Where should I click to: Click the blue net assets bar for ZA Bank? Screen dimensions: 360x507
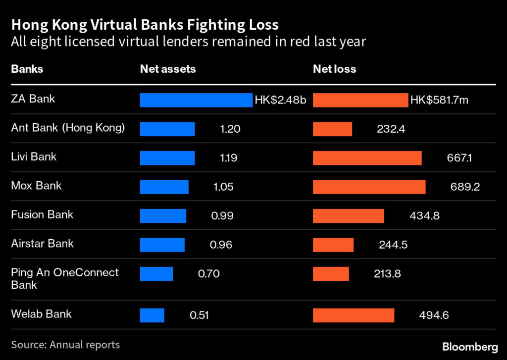pos(196,100)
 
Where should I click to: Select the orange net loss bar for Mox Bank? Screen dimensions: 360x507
pos(369,187)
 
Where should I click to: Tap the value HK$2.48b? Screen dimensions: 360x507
pos(280,100)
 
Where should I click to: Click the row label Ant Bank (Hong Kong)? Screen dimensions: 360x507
pos(68,128)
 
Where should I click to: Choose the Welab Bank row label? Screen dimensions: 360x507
pos(41,314)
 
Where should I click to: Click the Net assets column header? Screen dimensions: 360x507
pos(168,69)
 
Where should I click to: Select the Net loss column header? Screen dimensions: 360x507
pos(334,69)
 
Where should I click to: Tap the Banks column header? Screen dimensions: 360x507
pos(27,69)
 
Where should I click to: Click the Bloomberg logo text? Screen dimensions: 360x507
pos(469,346)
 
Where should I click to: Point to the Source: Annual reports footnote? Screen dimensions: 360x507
pos(65,344)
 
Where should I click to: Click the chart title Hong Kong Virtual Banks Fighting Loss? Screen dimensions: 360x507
pos(145,25)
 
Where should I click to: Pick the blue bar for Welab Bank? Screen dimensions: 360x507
pos(152,315)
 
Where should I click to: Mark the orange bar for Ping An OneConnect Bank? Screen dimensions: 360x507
pos(331,274)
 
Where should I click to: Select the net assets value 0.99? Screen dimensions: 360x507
pos(221,216)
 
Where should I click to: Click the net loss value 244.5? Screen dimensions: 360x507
pos(394,245)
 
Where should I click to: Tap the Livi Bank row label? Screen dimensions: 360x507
pos(34,157)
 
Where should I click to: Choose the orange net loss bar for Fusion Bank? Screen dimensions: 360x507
pos(349,216)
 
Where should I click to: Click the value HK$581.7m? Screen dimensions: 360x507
pos(439,100)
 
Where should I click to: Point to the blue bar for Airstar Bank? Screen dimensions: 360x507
pos(162,245)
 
